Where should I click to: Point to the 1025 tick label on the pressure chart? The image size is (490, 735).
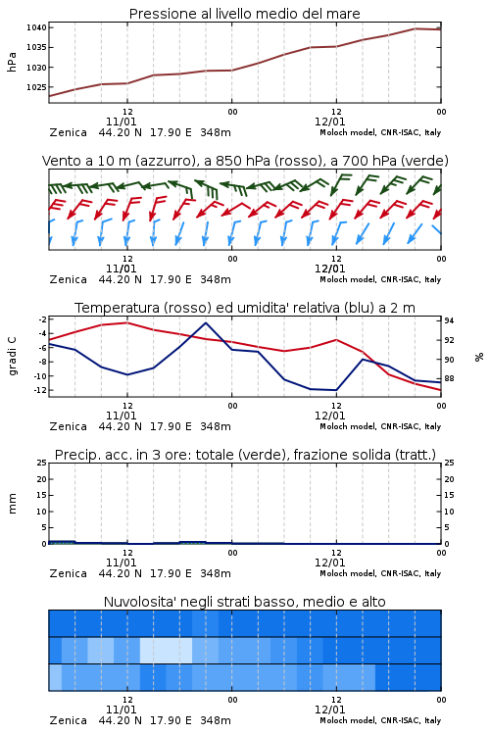(36, 87)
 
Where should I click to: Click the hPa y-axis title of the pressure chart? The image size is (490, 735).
(12, 62)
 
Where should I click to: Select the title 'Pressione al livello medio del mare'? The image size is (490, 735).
(244, 14)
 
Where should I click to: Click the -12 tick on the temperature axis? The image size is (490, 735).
(41, 390)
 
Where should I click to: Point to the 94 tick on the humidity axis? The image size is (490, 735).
(449, 320)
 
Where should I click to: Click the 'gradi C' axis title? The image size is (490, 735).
(12, 356)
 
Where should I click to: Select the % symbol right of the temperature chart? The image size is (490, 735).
(479, 357)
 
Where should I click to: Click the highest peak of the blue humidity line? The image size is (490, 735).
(206, 322)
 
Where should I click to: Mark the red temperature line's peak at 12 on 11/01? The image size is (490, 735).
(126, 322)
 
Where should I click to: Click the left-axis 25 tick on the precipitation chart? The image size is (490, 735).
(42, 463)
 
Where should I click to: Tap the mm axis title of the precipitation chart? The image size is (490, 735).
(12, 504)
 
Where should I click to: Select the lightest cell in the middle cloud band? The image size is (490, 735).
(166, 650)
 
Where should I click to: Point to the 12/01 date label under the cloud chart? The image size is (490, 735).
(329, 710)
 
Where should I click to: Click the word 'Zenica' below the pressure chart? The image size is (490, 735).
(69, 132)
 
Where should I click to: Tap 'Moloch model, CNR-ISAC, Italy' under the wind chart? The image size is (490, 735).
(380, 279)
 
